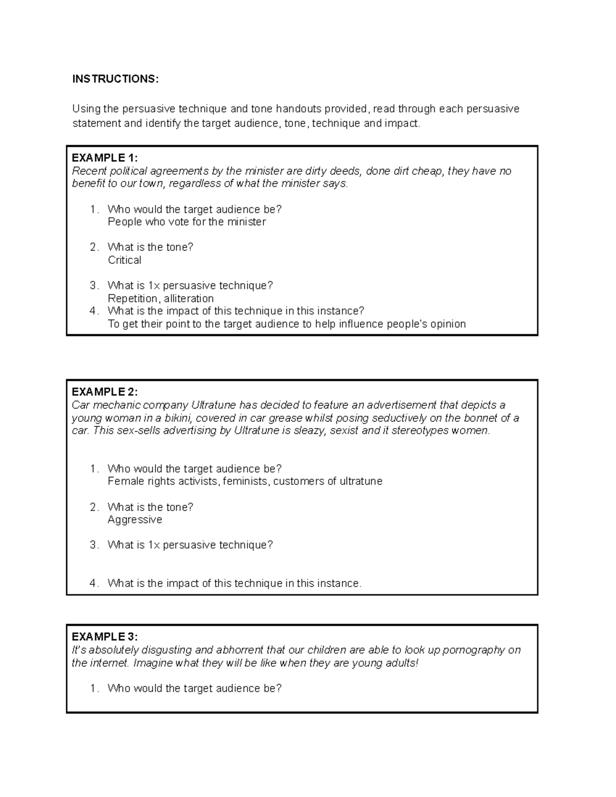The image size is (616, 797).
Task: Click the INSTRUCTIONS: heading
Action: tap(115, 79)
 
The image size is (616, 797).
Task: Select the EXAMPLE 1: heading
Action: tap(105, 158)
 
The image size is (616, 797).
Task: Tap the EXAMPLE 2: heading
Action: tap(105, 392)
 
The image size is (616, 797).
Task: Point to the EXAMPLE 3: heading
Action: tap(105, 637)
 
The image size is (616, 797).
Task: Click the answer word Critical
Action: tap(124, 260)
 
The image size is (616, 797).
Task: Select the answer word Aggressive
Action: tap(134, 520)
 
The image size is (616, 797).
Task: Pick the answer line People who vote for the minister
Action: tap(186, 222)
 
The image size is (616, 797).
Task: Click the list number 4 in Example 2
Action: tap(93, 584)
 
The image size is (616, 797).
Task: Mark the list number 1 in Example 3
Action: tap(93, 689)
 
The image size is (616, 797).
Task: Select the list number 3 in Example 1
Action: tap(93, 286)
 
